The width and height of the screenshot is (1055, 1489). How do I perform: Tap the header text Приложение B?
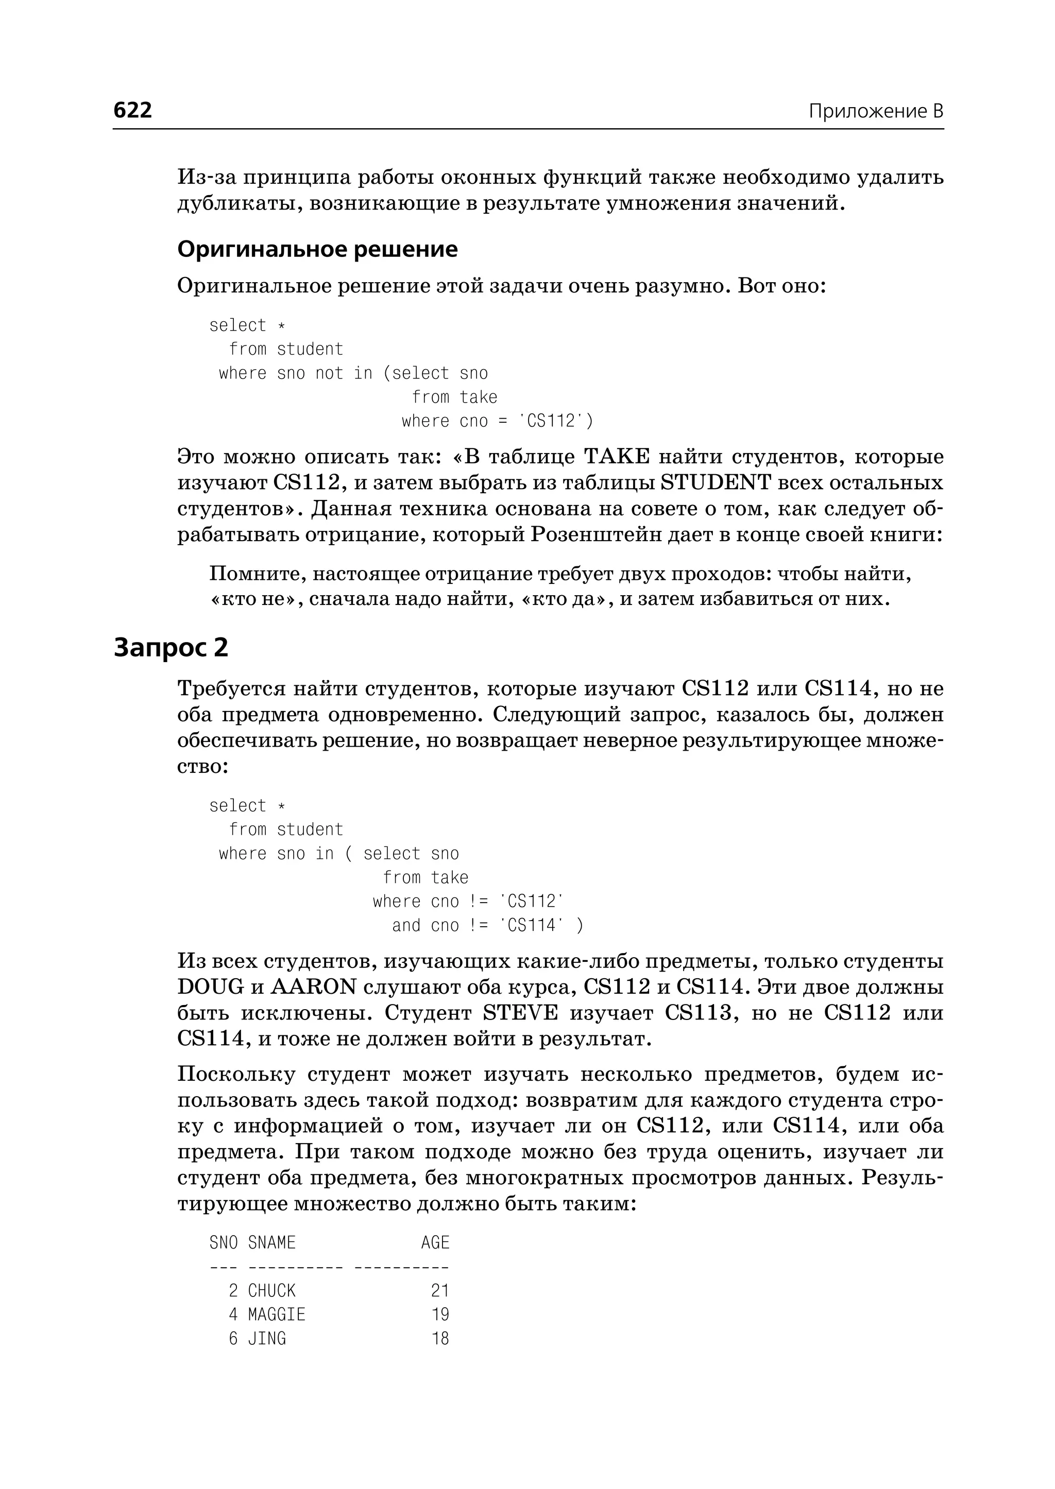pyautogui.click(x=876, y=112)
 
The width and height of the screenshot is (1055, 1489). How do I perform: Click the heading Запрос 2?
pyautogui.click(x=171, y=648)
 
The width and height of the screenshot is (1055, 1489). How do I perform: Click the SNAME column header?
pyautogui.click(x=271, y=1243)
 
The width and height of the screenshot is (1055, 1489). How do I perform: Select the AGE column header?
pyautogui.click(x=435, y=1243)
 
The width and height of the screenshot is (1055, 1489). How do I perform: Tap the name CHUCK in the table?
pyautogui.click(x=271, y=1291)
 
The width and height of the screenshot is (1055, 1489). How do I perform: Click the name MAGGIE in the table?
pyautogui.click(x=277, y=1315)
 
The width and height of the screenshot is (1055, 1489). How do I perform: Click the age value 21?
pyautogui.click(x=440, y=1291)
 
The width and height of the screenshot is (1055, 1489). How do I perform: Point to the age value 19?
pyautogui.click(x=440, y=1315)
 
